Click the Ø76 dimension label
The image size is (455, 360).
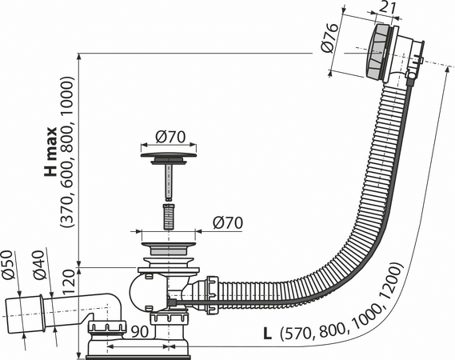tap(330, 38)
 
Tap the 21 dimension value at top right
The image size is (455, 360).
tap(388, 9)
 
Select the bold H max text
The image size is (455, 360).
tap(51, 151)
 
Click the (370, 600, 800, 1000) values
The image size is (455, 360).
tap(67, 151)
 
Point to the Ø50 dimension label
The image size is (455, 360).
tap(8, 265)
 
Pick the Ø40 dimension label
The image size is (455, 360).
tap(39, 265)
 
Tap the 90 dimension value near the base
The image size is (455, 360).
tap(139, 332)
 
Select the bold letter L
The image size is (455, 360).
tap(267, 334)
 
